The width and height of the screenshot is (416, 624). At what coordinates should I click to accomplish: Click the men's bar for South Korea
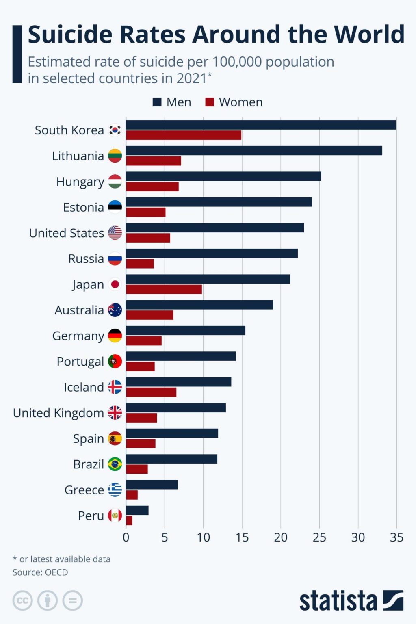tap(261, 125)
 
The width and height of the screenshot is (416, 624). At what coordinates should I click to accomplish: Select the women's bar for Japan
tap(164, 289)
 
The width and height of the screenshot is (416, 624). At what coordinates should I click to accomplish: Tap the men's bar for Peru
tap(137, 510)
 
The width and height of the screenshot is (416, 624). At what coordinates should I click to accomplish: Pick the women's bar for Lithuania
tap(154, 161)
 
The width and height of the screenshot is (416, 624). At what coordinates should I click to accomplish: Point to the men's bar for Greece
tap(152, 485)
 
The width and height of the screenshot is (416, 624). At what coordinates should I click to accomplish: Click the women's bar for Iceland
tap(151, 392)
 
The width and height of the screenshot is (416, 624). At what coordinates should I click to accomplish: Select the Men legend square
tap(157, 102)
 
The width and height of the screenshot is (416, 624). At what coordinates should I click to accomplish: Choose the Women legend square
tap(210, 102)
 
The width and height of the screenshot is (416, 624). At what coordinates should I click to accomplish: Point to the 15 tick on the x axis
tap(242, 537)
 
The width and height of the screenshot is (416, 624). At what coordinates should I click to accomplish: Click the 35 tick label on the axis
tap(396, 537)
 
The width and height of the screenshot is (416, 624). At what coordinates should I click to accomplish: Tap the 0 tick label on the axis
tap(126, 537)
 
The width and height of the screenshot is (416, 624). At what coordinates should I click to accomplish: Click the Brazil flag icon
tap(115, 464)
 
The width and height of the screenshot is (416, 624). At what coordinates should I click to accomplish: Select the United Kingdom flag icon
tap(115, 413)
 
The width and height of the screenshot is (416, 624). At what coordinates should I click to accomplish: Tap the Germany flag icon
tap(115, 336)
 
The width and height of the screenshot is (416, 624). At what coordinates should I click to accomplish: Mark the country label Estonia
tap(83, 207)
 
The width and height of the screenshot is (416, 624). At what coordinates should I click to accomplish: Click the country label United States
tap(67, 233)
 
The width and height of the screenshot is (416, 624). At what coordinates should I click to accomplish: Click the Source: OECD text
tap(40, 572)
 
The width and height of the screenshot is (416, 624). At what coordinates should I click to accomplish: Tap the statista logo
tap(351, 600)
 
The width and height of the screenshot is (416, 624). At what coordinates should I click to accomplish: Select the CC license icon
tap(22, 600)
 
